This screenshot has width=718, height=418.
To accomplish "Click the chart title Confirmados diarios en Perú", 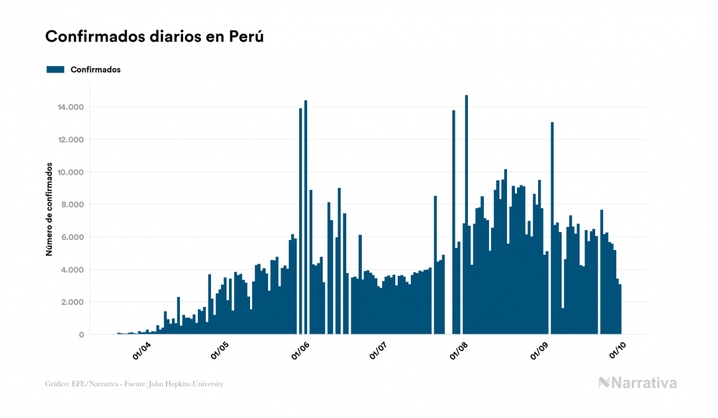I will click(155, 37).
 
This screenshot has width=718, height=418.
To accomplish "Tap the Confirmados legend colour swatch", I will click(55, 69).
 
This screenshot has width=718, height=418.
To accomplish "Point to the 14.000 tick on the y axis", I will click(71, 107).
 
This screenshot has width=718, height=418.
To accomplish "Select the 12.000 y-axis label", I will click(71, 140).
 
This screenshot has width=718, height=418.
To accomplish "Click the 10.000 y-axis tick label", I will click(71, 172).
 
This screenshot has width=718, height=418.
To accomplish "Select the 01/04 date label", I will click(141, 352).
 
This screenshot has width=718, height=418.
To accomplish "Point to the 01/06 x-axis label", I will click(301, 352).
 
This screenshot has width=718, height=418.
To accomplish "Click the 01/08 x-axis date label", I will click(460, 352).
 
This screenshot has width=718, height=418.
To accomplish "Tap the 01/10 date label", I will click(619, 352).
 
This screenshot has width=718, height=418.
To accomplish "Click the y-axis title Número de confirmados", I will click(48, 211).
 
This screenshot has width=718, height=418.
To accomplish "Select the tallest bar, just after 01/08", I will click(466, 214).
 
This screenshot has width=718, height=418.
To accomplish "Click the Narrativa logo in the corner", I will click(637, 383).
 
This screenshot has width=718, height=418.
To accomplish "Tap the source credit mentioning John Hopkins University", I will click(134, 384).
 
